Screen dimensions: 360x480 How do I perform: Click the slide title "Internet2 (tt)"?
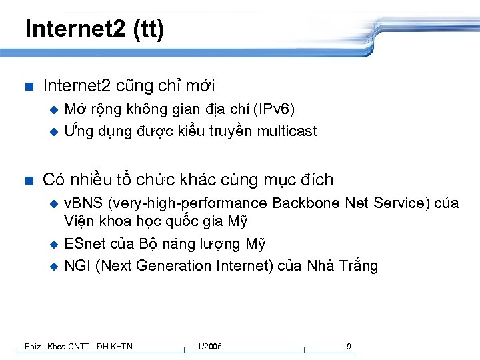(94, 29)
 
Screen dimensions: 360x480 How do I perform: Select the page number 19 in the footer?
(347, 346)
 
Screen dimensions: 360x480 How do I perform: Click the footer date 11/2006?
(207, 346)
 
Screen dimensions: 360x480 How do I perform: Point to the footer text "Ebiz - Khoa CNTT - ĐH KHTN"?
(79, 346)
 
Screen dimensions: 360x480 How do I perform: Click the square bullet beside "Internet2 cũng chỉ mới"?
(27, 86)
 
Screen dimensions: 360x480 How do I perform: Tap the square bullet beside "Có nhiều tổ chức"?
(27, 180)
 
